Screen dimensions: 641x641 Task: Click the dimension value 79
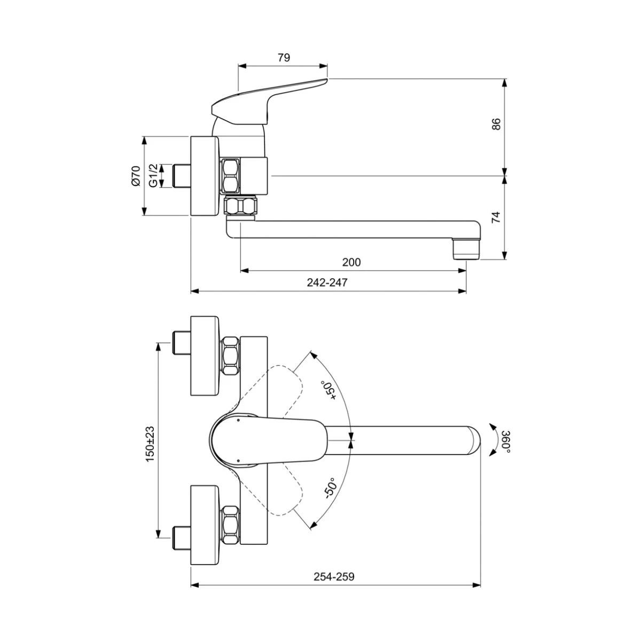click(x=284, y=58)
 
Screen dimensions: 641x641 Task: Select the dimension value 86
click(x=496, y=124)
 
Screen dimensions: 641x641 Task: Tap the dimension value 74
click(x=496, y=217)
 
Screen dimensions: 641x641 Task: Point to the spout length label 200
click(x=351, y=262)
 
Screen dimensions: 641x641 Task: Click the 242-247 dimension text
click(x=327, y=283)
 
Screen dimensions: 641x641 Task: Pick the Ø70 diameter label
click(x=136, y=175)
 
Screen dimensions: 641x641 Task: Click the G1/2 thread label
click(x=153, y=176)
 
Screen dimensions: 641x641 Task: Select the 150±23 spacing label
click(x=150, y=444)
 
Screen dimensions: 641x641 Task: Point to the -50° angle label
click(x=331, y=488)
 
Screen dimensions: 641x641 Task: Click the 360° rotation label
click(x=506, y=442)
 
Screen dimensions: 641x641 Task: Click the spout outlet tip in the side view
click(x=466, y=249)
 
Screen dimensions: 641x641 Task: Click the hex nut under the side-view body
click(x=241, y=206)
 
